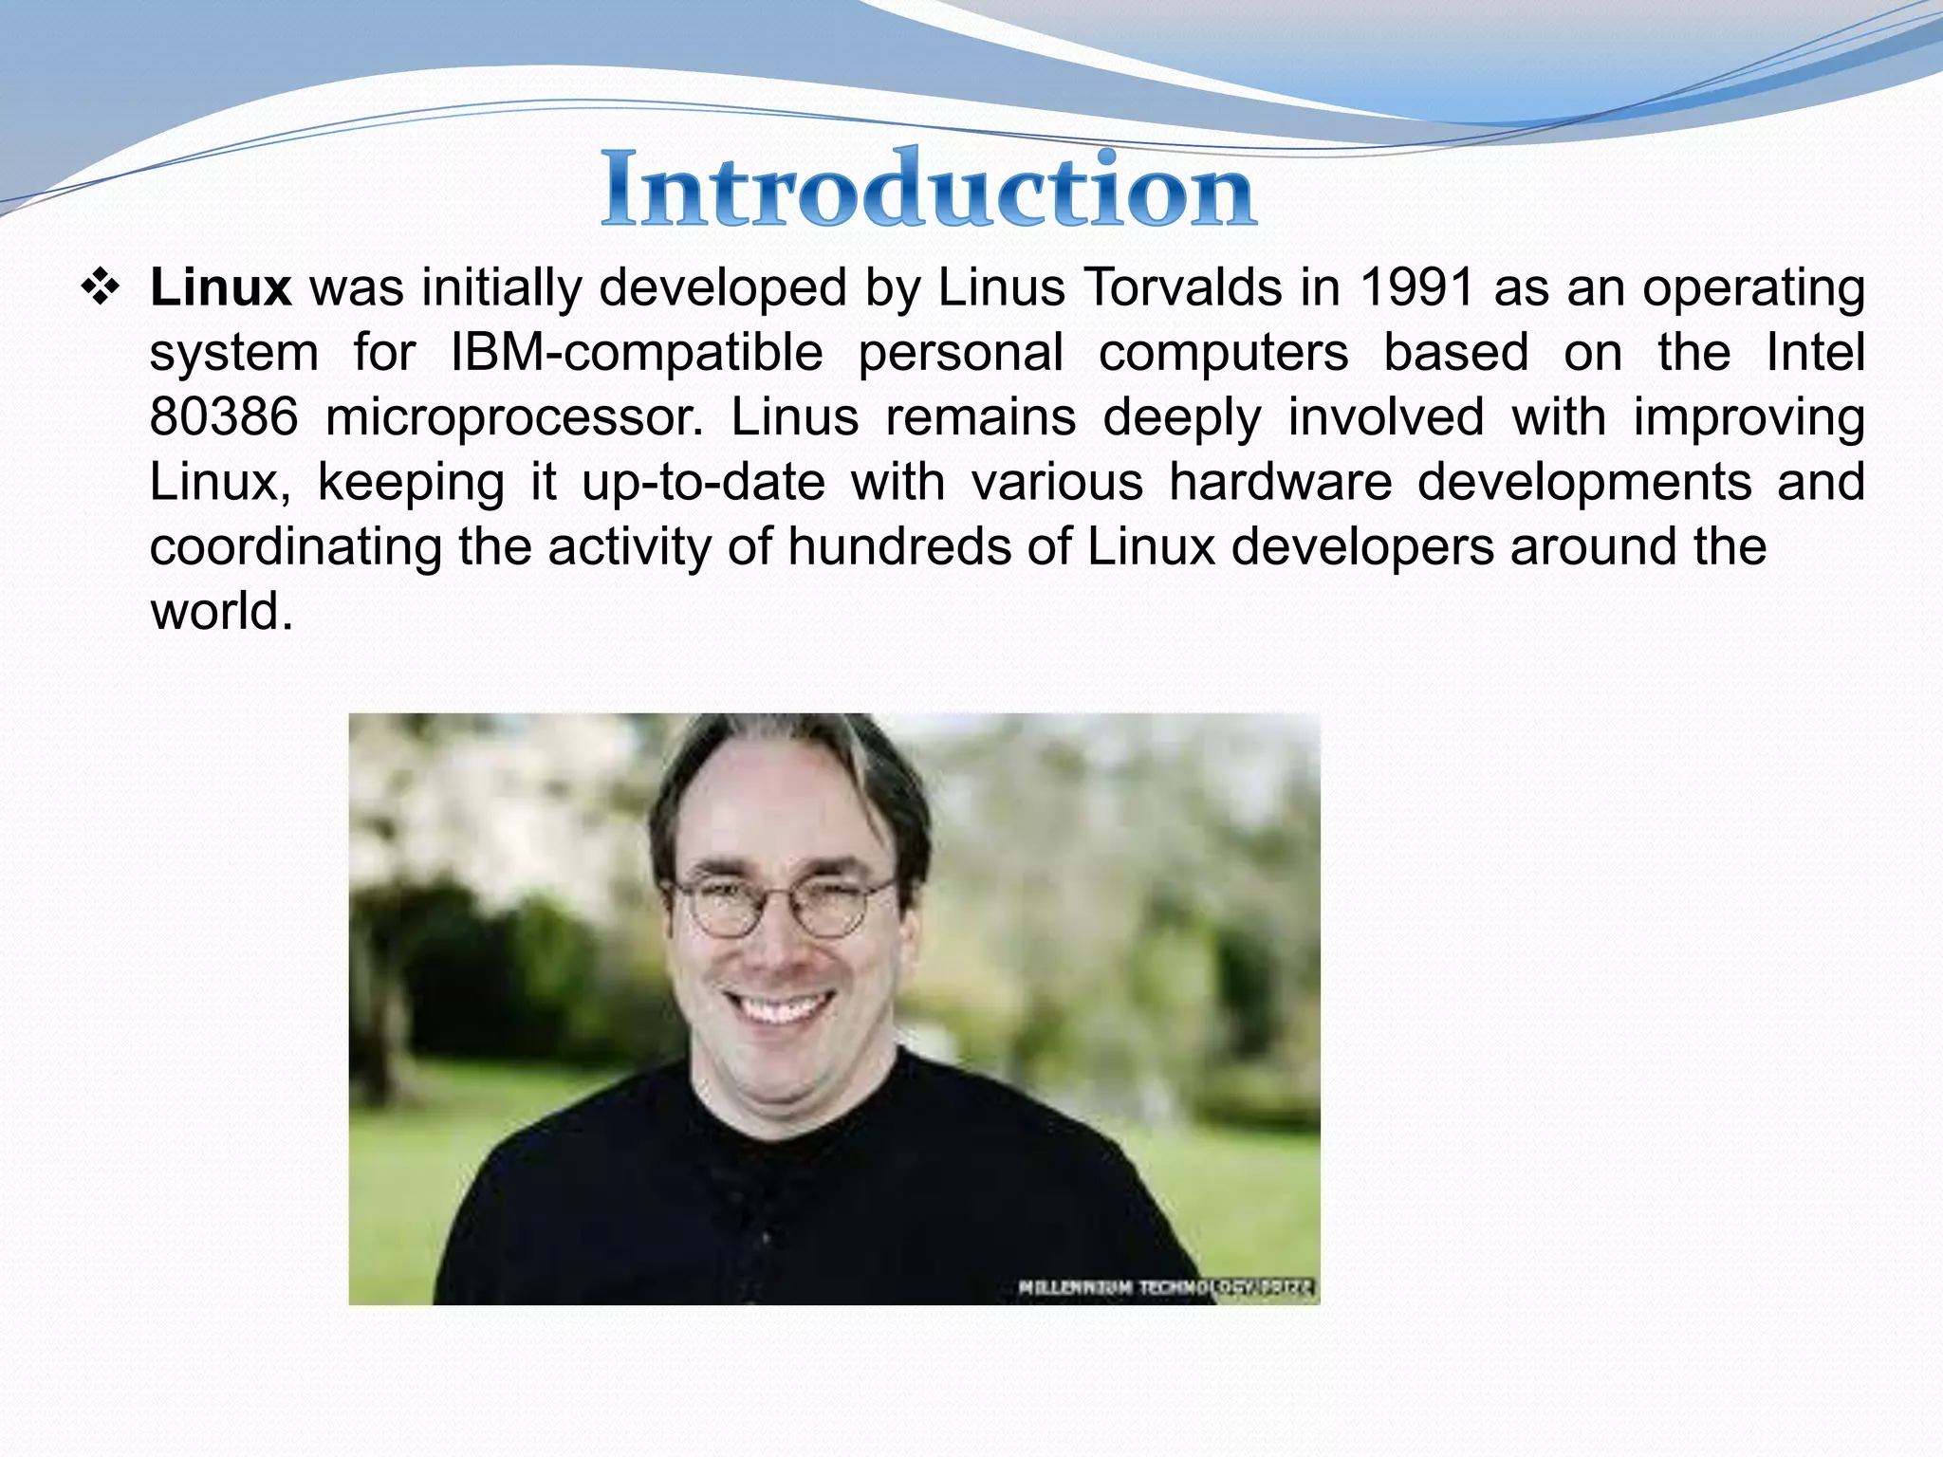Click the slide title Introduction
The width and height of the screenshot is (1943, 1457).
point(928,190)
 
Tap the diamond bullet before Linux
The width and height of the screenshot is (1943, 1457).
point(100,287)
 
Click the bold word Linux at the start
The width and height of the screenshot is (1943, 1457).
point(220,287)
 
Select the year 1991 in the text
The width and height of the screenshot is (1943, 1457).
point(1416,287)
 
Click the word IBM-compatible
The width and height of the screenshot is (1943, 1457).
point(637,353)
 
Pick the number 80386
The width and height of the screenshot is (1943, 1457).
point(224,417)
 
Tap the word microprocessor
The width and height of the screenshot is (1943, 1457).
point(514,417)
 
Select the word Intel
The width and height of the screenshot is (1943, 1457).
point(1815,353)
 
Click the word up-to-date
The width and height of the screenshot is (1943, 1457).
point(703,482)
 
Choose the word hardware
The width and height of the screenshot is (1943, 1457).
point(1280,482)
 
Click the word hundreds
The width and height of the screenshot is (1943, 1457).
point(899,547)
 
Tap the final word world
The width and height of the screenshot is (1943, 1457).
point(221,612)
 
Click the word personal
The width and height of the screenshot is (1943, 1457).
point(960,353)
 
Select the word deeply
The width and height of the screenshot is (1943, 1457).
point(1182,417)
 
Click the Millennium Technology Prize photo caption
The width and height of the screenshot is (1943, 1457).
point(1165,1287)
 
